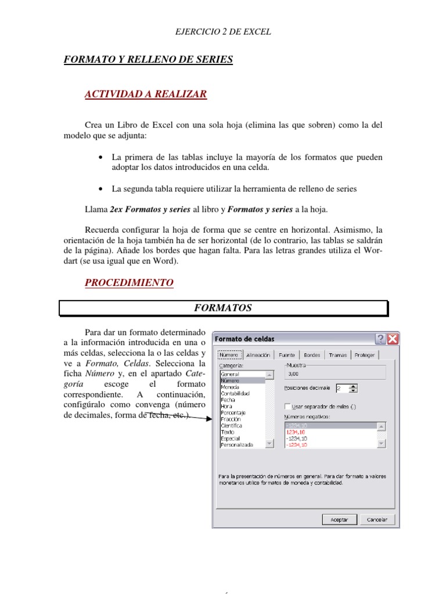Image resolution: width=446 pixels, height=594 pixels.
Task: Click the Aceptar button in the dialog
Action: point(339,520)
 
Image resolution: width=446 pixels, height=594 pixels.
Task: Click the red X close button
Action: point(393,339)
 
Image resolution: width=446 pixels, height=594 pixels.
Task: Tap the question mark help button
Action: point(381,339)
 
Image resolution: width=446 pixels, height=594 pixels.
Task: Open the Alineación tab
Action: point(258,355)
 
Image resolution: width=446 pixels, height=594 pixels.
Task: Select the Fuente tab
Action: point(287,355)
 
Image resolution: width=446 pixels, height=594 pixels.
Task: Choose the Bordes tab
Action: point(312,355)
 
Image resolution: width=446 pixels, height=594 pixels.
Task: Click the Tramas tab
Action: point(337,355)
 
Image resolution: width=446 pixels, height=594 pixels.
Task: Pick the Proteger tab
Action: point(365,355)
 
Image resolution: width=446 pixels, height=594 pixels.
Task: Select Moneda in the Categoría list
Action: point(229,387)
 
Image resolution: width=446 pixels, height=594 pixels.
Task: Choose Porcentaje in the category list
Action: point(233,412)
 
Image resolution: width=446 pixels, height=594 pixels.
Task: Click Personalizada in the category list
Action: point(236,444)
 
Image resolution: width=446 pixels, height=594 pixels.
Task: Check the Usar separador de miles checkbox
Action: point(288,407)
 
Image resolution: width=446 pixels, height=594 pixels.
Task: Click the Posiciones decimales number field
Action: point(342,387)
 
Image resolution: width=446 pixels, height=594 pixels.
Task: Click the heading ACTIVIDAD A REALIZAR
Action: point(146,94)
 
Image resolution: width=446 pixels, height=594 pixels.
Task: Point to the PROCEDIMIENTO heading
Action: point(129,282)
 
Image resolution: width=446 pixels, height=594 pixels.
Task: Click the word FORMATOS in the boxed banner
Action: point(223,308)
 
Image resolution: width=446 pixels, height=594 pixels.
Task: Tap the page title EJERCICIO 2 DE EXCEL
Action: point(223,32)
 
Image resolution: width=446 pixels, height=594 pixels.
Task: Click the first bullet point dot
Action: point(102,157)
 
